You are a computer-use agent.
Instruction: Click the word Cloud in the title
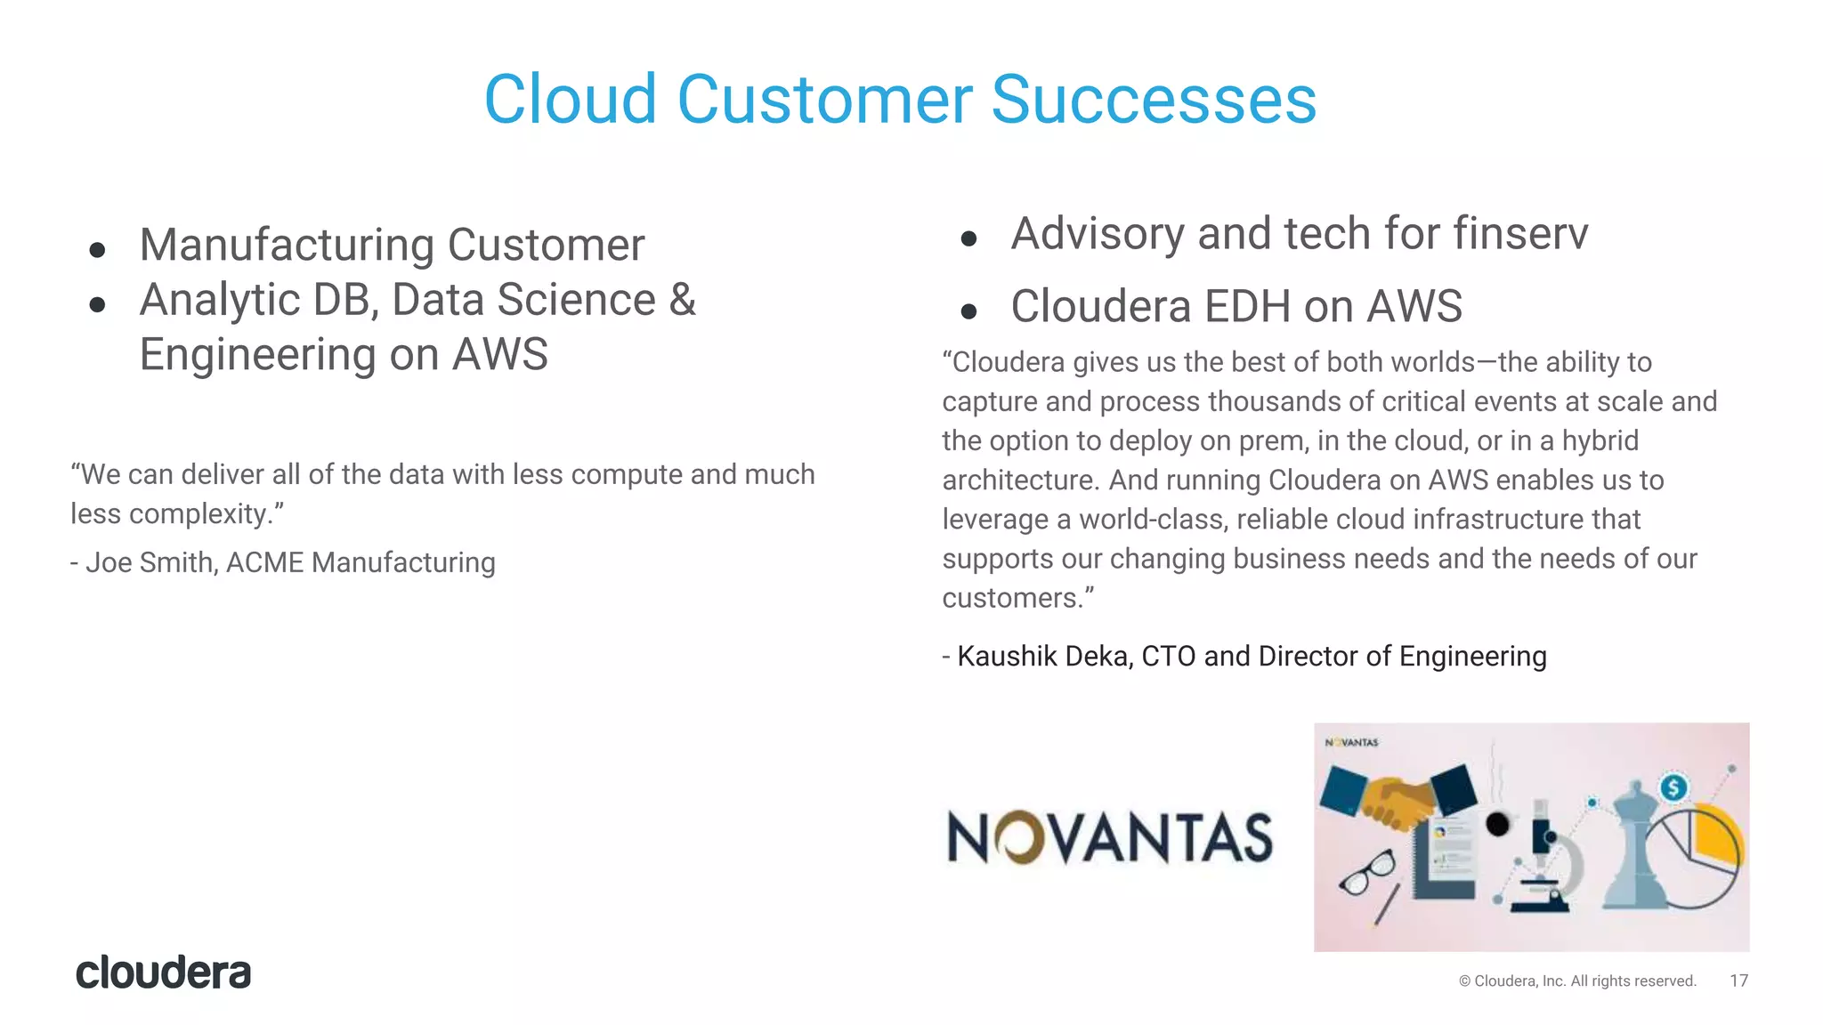pos(570,100)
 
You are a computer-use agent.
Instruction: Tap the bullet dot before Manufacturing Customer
pos(98,250)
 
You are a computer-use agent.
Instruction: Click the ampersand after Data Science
pos(682,299)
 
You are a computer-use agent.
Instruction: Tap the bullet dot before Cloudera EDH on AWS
pos(969,311)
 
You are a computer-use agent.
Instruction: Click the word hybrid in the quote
pos(1600,440)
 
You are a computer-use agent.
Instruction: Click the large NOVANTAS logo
pos(1109,838)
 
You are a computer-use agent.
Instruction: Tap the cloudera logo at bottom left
pos(163,973)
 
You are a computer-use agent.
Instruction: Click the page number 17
pos(1738,981)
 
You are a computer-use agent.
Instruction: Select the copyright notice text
pos(1577,981)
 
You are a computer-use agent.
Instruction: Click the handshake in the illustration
pos(1398,796)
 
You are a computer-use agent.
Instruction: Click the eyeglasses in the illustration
pos(1368,872)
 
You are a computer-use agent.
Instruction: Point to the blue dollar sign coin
pos(1673,787)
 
